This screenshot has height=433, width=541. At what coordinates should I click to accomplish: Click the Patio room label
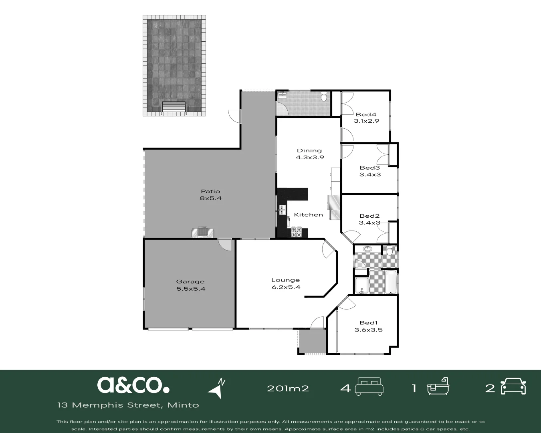(x=210, y=191)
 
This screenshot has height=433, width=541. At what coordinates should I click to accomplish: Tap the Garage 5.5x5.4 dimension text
(x=191, y=289)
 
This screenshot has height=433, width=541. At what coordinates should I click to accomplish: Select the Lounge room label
(x=285, y=280)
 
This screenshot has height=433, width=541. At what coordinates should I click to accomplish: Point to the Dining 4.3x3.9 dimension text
(x=309, y=158)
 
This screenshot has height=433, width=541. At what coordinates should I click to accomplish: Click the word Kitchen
(x=308, y=215)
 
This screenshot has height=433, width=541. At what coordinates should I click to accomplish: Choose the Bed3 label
(x=369, y=168)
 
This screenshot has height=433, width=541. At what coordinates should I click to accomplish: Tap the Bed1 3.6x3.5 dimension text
(x=368, y=330)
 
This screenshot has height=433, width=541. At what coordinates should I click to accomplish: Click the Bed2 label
(x=369, y=216)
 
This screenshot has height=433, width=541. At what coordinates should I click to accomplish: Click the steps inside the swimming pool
(x=174, y=107)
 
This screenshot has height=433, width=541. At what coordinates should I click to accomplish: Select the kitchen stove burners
(x=296, y=232)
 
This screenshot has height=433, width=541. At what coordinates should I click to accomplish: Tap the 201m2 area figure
(x=288, y=388)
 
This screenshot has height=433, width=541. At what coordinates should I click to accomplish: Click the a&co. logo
(x=133, y=385)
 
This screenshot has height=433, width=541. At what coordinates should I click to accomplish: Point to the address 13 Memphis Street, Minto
(x=128, y=405)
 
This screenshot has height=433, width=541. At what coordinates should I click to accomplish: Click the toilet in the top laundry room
(x=324, y=97)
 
